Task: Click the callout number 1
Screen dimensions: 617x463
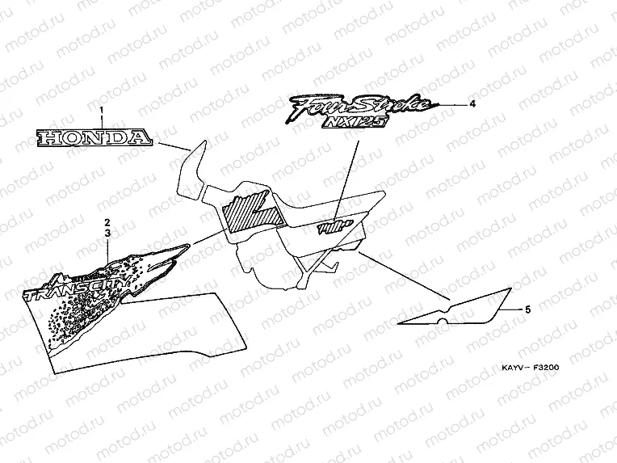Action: (103, 111)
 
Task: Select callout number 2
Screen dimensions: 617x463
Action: (107, 221)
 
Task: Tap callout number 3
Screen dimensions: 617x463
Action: (107, 232)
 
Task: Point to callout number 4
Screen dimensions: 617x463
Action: (472, 104)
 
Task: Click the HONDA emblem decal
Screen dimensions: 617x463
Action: (94, 138)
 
